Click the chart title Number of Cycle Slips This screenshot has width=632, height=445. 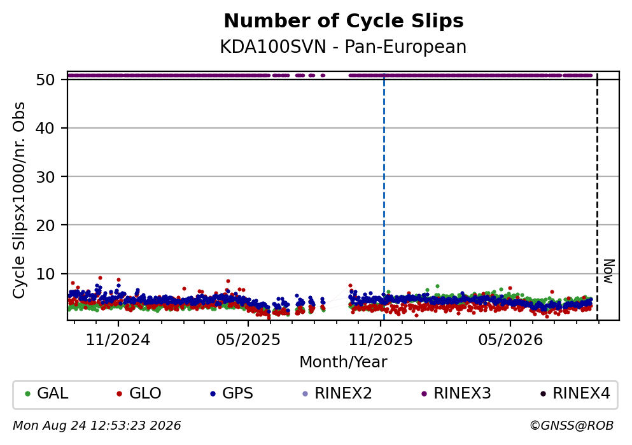pos(344,21)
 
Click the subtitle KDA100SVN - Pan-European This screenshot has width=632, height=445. pos(343,47)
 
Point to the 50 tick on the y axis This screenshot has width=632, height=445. pos(45,80)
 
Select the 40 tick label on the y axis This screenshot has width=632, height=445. pos(45,128)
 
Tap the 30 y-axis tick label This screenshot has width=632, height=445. pos(45,176)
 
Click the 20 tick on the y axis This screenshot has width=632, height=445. pos(45,225)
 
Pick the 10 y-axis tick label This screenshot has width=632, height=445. pos(45,274)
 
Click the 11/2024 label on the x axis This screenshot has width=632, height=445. pos(118,340)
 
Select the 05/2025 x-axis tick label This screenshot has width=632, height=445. pos(248,340)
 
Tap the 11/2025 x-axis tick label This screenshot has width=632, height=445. pos(381,340)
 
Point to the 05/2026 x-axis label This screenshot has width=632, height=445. pos(510,340)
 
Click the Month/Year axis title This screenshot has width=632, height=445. pos(343,362)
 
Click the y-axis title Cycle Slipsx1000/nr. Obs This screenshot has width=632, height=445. pos(18,201)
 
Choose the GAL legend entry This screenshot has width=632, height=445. pos(46,393)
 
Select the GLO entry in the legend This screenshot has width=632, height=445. pos(139,393)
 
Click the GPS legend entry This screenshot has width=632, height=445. pos(232,393)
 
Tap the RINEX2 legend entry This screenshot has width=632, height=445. pos(337,393)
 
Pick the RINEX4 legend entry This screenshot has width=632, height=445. pos(575,393)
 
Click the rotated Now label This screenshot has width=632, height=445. pos(608,271)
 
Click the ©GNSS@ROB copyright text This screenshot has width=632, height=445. pos(572,426)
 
